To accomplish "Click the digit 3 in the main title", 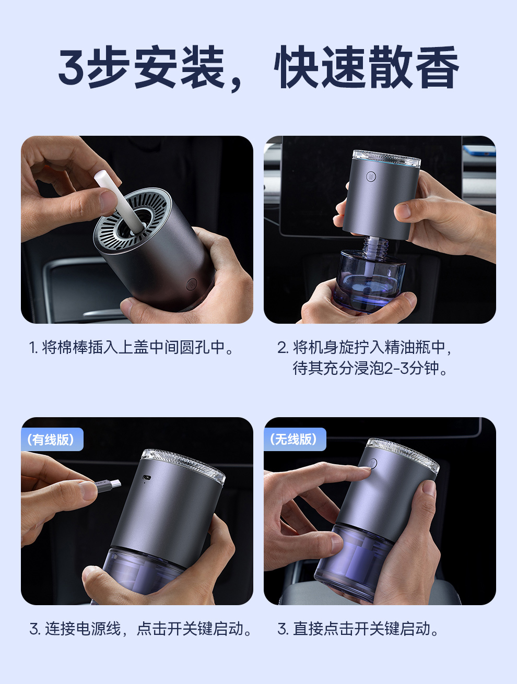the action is [x=72, y=67].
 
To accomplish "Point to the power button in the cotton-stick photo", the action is [x=191, y=285].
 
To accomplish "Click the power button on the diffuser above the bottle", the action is [x=371, y=176].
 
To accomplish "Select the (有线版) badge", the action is [x=52, y=439].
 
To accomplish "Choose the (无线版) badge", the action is [x=295, y=439].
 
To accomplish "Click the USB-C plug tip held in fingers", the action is [x=115, y=484].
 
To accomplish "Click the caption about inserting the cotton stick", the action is [x=131, y=347].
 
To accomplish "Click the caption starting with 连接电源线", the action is [x=140, y=629].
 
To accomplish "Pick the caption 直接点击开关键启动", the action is [x=358, y=629].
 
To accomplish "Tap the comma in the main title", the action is [x=236, y=84].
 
